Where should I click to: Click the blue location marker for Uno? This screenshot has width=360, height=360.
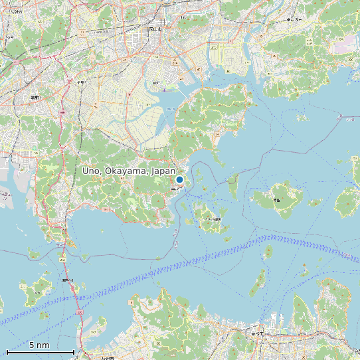pos(179,179)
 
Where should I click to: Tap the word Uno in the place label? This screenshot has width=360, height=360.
pos(91,171)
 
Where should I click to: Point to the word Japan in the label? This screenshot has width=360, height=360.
pos(164,171)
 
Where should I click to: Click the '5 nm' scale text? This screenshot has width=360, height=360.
pos(39,345)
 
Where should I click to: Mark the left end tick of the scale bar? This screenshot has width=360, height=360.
pos(7,351)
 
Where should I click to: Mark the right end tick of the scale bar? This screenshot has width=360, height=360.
pos(73,351)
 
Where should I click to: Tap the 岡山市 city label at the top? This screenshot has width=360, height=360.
pos(155,29)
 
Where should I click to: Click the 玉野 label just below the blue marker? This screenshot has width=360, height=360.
pos(175,189)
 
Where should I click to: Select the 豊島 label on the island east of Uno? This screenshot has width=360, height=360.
pos(277,199)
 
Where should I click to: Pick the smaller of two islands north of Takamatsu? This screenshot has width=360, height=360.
pos(268,252)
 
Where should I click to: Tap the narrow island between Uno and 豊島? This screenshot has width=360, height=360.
pos(233,187)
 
